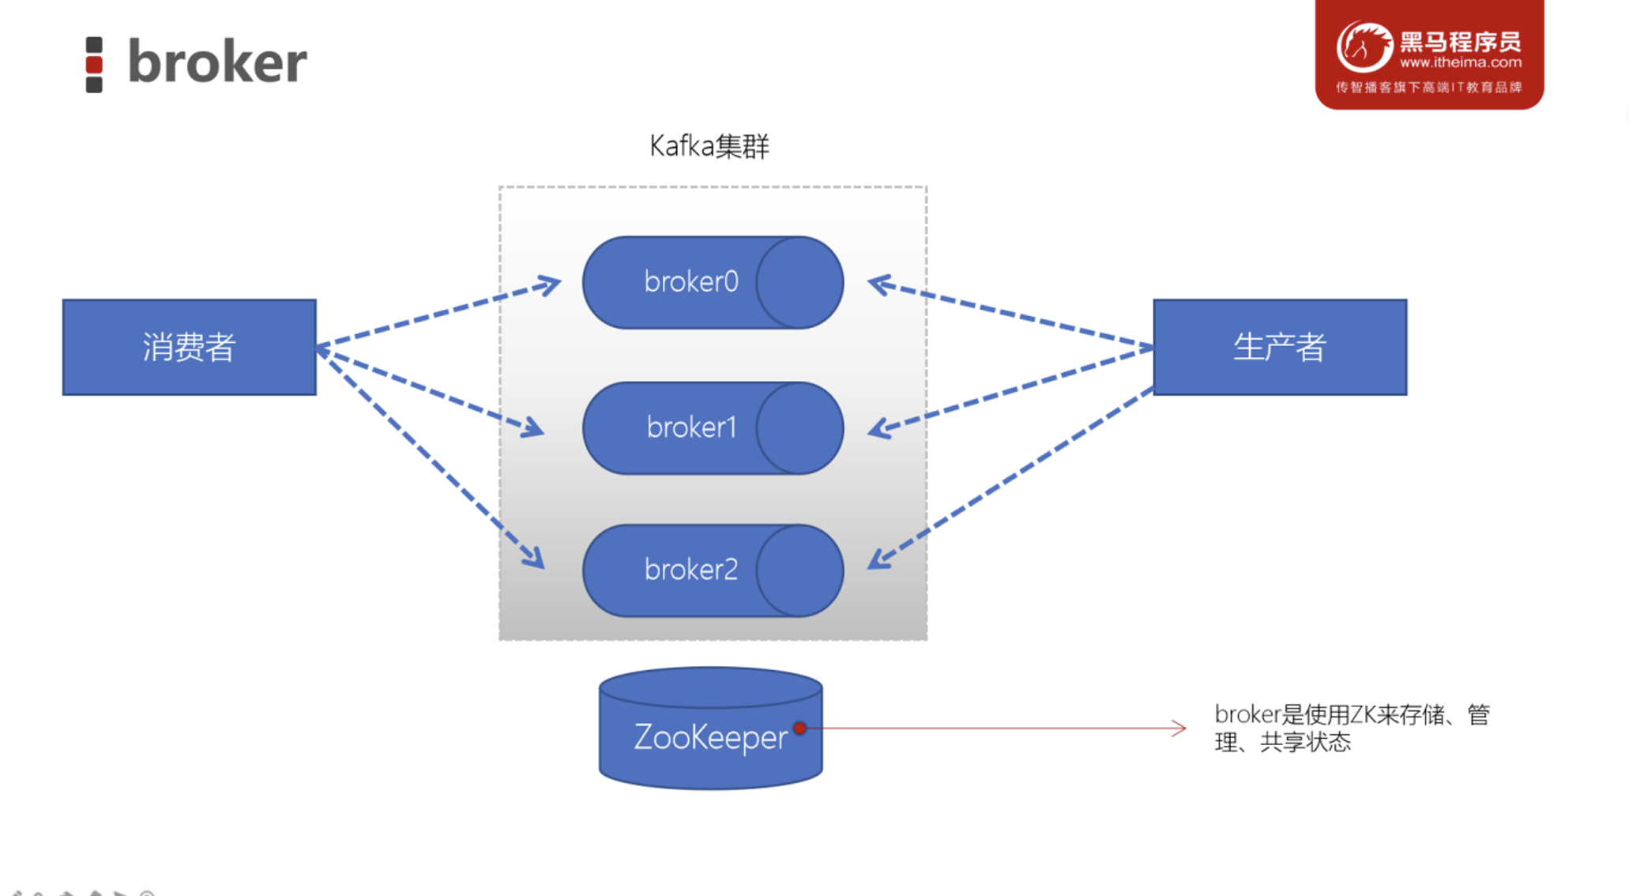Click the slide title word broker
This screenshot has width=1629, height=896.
[x=217, y=62]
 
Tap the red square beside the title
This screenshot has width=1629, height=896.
[x=94, y=64]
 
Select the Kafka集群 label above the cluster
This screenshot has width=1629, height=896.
[x=709, y=146]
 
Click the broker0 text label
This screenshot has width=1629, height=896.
[x=691, y=282]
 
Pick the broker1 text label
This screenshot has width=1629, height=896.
[x=691, y=427]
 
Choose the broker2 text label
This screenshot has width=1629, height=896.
[x=691, y=570]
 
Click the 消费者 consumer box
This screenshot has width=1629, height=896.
[x=190, y=347]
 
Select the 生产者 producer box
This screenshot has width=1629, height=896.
[x=1280, y=347]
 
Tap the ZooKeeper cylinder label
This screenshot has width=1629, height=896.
[x=710, y=737]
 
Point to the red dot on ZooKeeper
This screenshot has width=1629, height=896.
[x=800, y=728]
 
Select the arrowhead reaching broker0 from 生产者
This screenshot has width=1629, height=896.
[x=877, y=284]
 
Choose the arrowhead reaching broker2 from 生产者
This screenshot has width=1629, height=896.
[x=877, y=561]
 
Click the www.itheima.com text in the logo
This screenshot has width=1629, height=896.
[x=1461, y=62]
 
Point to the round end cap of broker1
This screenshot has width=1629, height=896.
[x=799, y=428]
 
